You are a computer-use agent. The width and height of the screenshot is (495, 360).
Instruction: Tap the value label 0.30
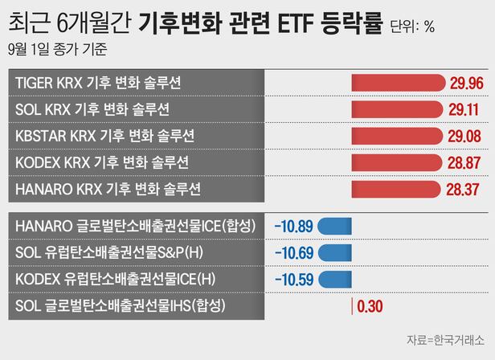(370, 306)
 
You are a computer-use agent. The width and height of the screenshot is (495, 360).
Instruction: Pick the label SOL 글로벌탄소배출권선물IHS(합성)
(121, 306)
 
